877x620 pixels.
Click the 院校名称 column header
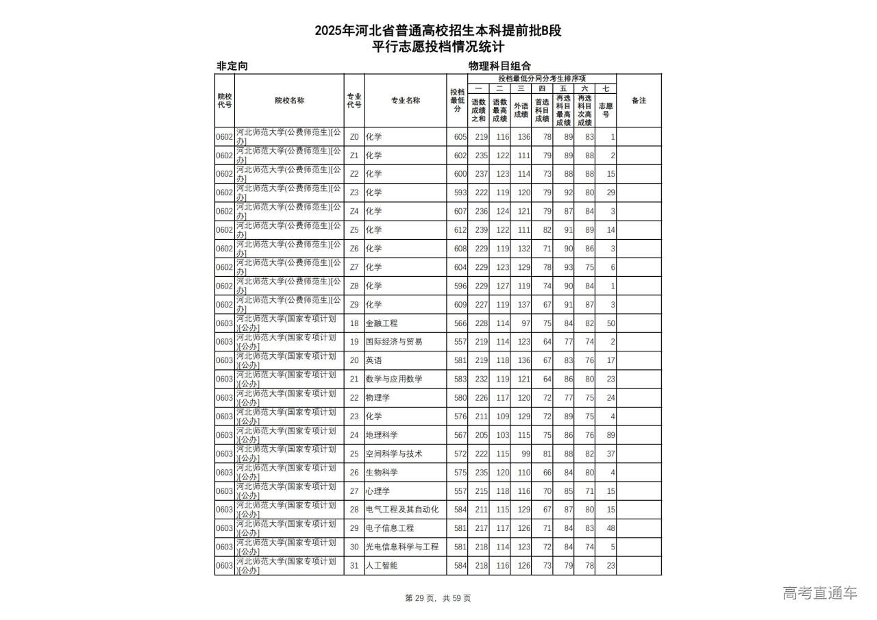[x=289, y=100]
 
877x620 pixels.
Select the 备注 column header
[x=638, y=100]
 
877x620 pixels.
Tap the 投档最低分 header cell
[x=457, y=100]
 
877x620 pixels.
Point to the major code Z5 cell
[x=354, y=230]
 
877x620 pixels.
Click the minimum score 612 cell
[x=460, y=230]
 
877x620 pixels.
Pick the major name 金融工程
[x=382, y=323]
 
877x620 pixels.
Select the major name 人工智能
[x=382, y=566]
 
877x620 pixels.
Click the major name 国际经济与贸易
[x=394, y=342]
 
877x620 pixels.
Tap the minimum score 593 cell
[x=460, y=193]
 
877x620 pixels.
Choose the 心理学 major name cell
[x=378, y=491]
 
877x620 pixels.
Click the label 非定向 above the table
[x=232, y=66]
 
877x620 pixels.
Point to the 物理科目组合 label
[x=499, y=66]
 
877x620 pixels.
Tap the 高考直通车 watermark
[x=819, y=593]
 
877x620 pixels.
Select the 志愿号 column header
[x=605, y=110]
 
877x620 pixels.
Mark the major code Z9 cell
[x=354, y=305]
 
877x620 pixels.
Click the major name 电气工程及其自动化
[x=402, y=510]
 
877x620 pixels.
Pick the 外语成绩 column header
[x=521, y=110]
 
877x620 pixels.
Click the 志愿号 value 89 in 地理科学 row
[x=610, y=435]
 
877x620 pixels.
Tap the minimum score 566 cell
[x=460, y=323]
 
